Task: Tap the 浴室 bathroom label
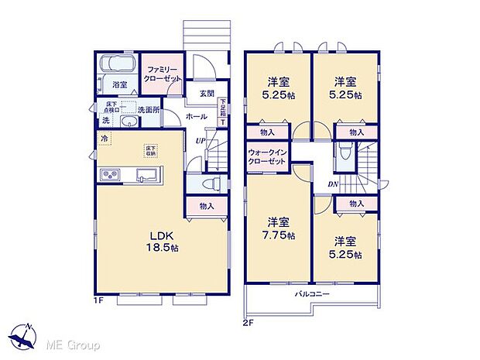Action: click(x=120, y=84)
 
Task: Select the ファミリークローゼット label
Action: click(x=163, y=74)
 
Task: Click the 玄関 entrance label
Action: click(x=206, y=94)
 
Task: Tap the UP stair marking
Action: click(x=200, y=141)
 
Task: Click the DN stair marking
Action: click(x=332, y=183)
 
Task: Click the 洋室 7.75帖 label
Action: click(x=279, y=226)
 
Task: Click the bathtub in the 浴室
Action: click(x=119, y=63)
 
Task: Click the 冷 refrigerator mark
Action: click(x=104, y=139)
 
